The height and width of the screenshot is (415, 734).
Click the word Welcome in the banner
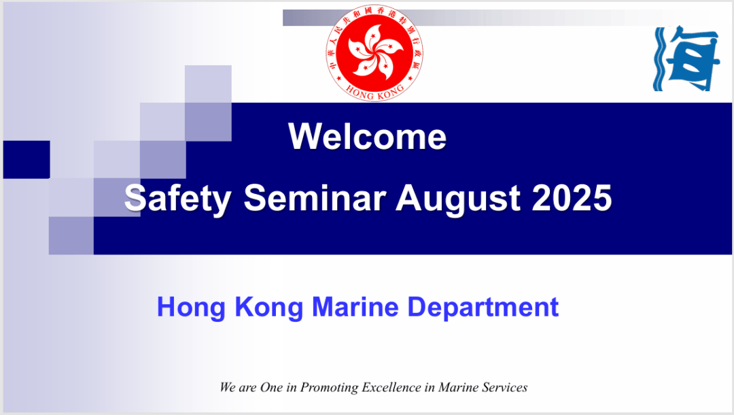368,137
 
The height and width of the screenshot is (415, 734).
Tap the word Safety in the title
177,199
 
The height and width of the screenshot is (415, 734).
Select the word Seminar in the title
315,198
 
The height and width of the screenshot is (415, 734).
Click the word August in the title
457,199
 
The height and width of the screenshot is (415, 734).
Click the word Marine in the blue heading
355,307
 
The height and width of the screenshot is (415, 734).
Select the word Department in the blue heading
483,308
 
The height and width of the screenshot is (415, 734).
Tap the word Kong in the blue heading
268,308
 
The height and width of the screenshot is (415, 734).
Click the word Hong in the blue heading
191,308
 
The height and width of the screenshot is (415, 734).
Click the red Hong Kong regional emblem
374,53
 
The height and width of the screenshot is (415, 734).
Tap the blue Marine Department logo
686,59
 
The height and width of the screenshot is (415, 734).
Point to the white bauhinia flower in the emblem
374,50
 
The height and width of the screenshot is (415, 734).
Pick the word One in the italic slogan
271,387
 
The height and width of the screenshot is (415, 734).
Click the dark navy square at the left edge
27,159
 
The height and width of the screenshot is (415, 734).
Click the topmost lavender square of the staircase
208,84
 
